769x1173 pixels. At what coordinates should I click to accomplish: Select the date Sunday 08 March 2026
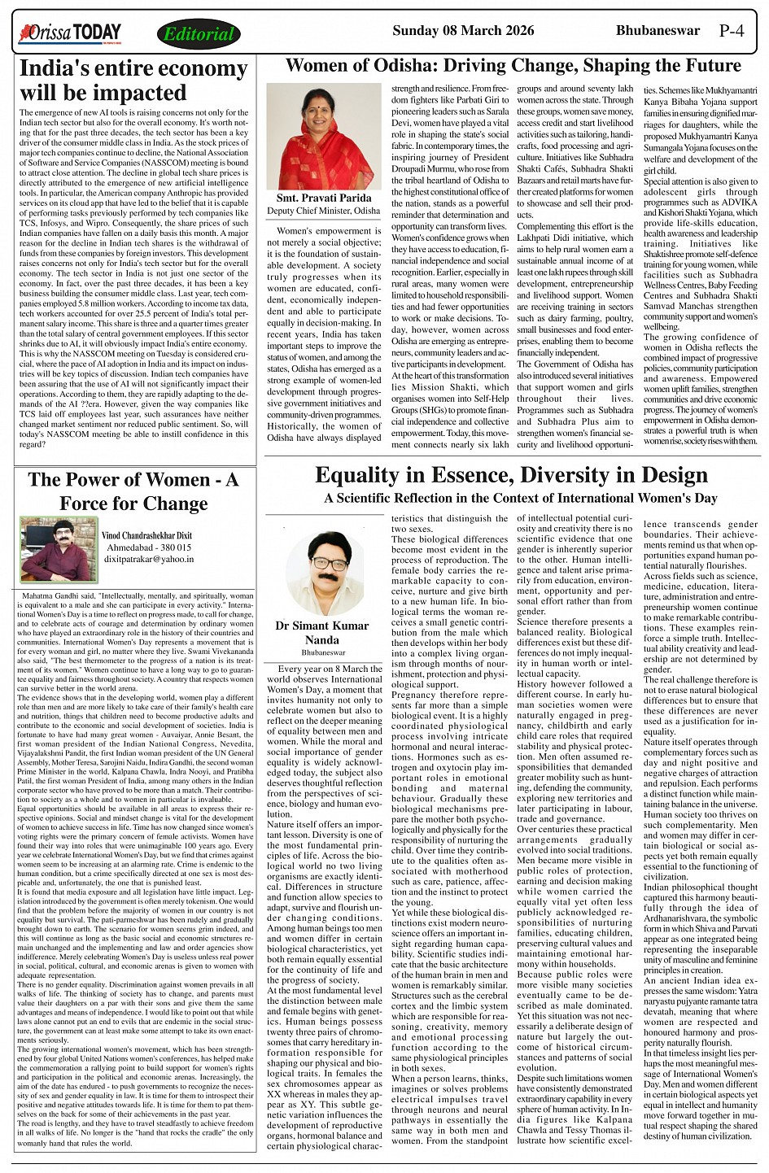[463, 31]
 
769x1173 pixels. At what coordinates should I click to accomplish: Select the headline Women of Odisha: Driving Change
[513, 66]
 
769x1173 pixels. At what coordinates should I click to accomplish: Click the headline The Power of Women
[133, 491]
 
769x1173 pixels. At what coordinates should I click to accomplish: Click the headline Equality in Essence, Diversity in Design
[511, 475]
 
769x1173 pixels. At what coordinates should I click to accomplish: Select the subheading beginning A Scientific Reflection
[521, 498]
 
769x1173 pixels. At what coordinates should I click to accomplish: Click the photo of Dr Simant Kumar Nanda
[325, 573]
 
